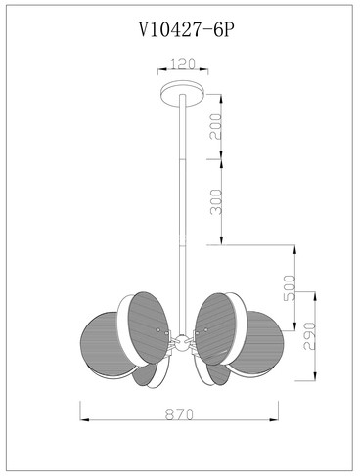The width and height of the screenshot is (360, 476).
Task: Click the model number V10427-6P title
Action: coord(187,31)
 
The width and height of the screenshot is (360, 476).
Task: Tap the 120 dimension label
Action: coord(183,64)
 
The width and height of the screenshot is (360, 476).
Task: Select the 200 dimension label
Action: coord(215,126)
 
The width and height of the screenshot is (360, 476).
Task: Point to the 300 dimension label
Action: coord(215,202)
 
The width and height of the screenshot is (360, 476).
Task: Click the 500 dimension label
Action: coord(290,287)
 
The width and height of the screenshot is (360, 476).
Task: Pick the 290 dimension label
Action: coord(310,336)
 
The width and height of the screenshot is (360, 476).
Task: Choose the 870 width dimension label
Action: coord(179,414)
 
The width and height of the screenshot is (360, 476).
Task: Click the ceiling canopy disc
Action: coord(184,93)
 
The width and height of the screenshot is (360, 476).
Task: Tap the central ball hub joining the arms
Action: coord(181,344)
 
